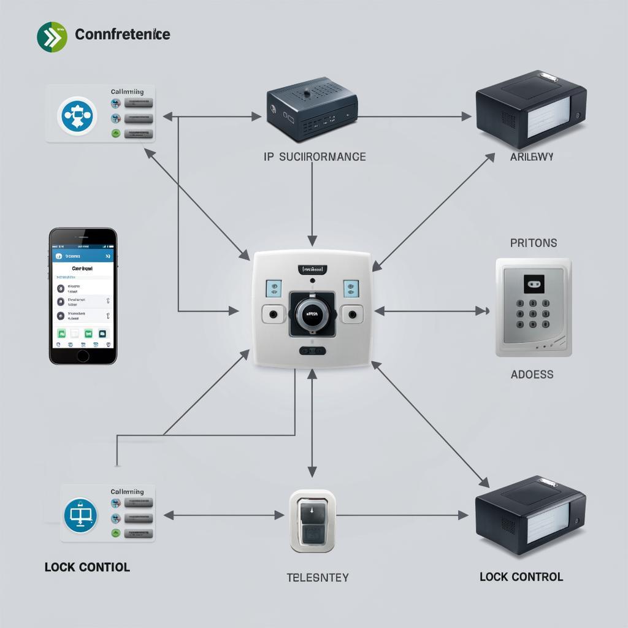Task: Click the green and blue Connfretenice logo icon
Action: pyautogui.click(x=51, y=37)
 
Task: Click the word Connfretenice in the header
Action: pyautogui.click(x=122, y=34)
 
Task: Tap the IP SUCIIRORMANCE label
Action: pyautogui.click(x=315, y=156)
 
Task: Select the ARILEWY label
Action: pyautogui.click(x=532, y=156)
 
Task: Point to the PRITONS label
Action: pyautogui.click(x=534, y=243)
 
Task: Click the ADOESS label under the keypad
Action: pyautogui.click(x=532, y=374)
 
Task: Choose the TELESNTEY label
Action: pyautogui.click(x=317, y=577)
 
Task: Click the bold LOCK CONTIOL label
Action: pyautogui.click(x=87, y=567)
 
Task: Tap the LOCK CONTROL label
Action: pyautogui.click(x=521, y=576)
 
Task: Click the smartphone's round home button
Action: pyautogui.click(x=83, y=355)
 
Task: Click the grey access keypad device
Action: pyautogui.click(x=533, y=307)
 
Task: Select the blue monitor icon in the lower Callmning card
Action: pyautogui.click(x=80, y=515)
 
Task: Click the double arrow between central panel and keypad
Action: pyautogui.click(x=432, y=311)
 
